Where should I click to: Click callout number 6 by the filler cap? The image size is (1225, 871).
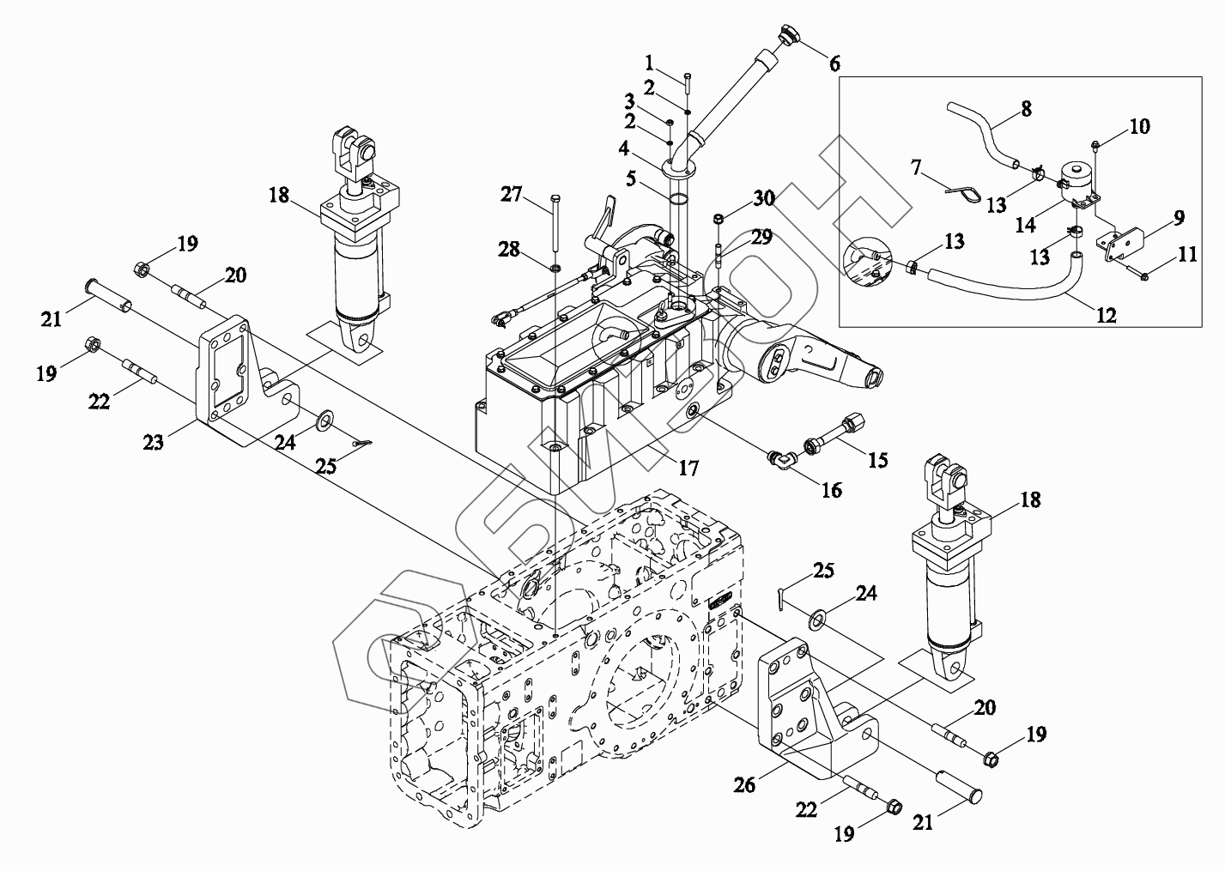click(x=834, y=64)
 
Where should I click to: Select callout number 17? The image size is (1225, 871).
click(x=688, y=468)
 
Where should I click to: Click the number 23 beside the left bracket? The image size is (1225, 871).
click(x=153, y=442)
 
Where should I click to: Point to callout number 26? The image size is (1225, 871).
click(x=744, y=785)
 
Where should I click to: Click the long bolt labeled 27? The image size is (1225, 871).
click(x=556, y=223)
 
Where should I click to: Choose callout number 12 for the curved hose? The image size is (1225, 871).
click(x=1107, y=315)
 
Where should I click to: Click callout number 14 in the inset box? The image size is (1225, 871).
click(x=1025, y=225)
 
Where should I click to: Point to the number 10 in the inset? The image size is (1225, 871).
click(x=1140, y=126)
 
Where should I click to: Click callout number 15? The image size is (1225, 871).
click(x=877, y=460)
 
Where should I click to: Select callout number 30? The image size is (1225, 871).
click(x=764, y=198)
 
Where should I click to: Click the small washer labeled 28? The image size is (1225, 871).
click(x=555, y=269)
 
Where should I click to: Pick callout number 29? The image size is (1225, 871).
click(x=761, y=238)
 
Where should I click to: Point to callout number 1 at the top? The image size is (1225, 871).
click(x=649, y=64)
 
